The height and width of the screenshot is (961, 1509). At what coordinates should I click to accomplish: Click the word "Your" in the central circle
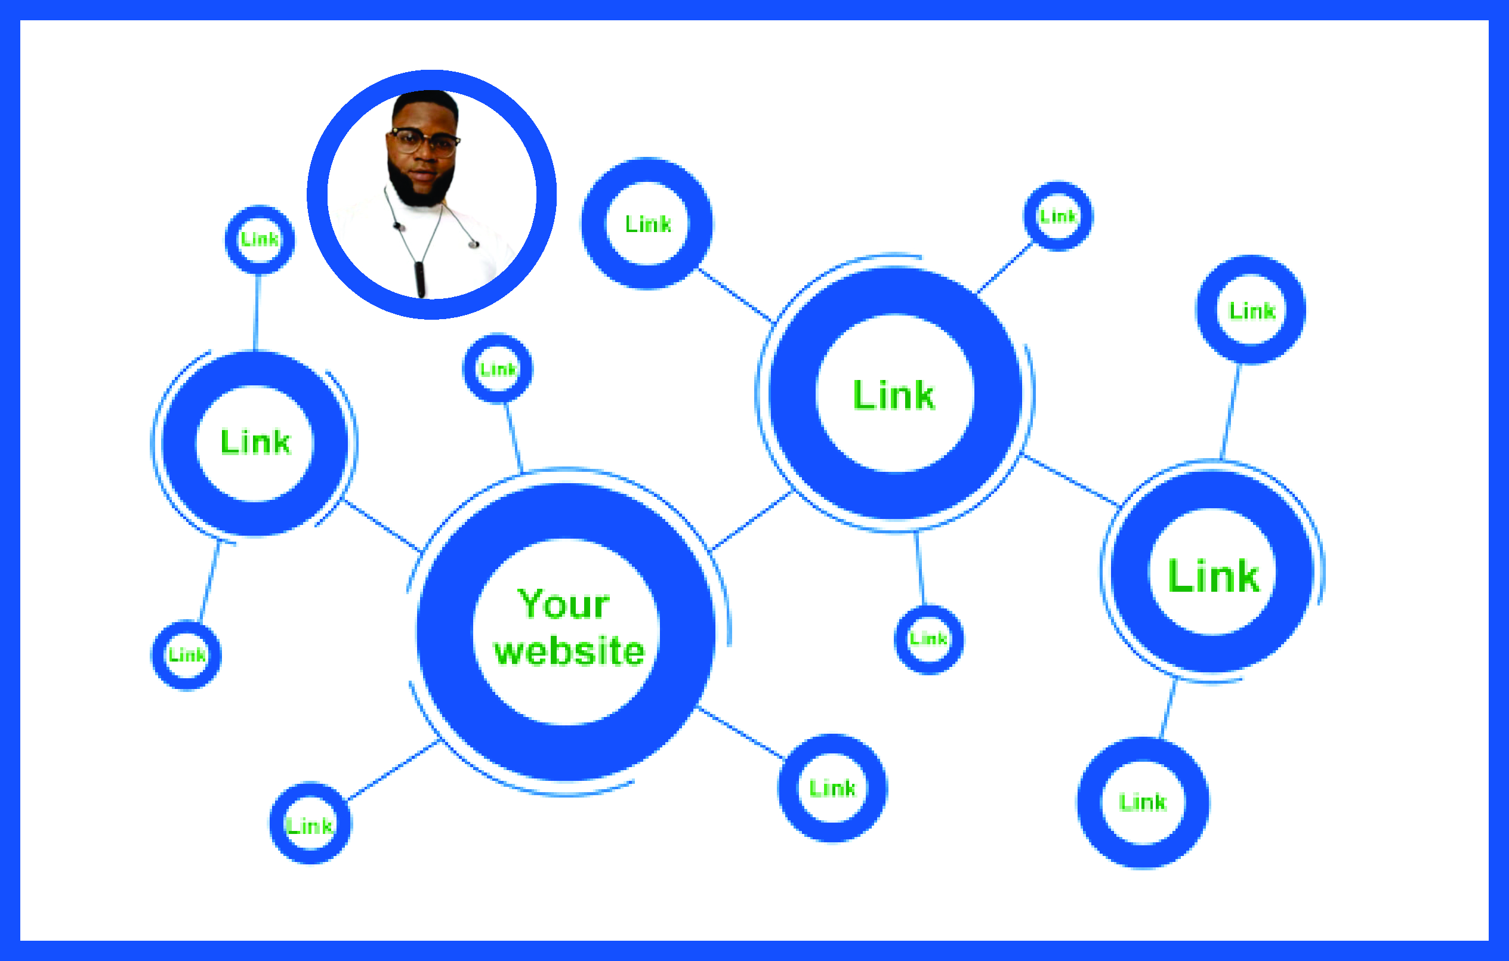pyautogui.click(x=563, y=604)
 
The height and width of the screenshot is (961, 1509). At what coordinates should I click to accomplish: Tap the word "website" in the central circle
pyautogui.click(x=569, y=651)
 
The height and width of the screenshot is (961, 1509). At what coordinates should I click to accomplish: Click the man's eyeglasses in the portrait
pyautogui.click(x=424, y=141)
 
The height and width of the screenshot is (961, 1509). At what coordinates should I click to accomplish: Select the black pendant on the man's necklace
pyautogui.click(x=420, y=279)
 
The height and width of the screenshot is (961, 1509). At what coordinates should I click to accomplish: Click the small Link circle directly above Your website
pyautogui.click(x=498, y=369)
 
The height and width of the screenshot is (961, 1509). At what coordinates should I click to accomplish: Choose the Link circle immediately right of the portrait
pyautogui.click(x=647, y=224)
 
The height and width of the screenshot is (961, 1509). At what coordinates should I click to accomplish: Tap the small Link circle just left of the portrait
pyautogui.click(x=260, y=239)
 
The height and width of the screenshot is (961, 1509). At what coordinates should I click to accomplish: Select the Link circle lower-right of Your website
pyautogui.click(x=832, y=787)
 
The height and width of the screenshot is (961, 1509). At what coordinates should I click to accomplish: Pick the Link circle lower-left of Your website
pyautogui.click(x=310, y=824)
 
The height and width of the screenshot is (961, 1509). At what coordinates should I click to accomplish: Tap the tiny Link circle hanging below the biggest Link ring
pyautogui.click(x=928, y=639)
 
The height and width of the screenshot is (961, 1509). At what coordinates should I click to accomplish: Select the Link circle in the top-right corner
pyautogui.click(x=1251, y=310)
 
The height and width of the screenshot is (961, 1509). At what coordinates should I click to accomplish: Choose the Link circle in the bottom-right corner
pyautogui.click(x=1143, y=802)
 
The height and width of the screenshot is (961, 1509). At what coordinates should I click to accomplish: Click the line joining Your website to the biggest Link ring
pyautogui.click(x=752, y=521)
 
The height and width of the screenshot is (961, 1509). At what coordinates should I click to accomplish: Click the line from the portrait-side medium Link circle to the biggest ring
pyautogui.click(x=736, y=295)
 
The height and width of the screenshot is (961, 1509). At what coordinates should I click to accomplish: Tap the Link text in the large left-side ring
pyautogui.click(x=255, y=442)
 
